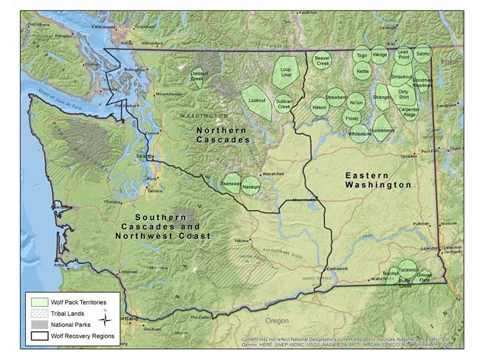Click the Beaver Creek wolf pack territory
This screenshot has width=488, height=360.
tap(322, 59)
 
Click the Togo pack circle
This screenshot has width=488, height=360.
tap(361, 55)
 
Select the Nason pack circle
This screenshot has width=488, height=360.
tap(319, 108)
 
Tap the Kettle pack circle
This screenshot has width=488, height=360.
tap(362, 72)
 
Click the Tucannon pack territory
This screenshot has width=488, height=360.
tap(408, 269)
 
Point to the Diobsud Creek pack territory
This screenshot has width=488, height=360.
tap(198, 77)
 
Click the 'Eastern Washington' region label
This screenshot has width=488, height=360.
tap(377, 180)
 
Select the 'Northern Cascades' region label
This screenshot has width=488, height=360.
tap(222, 134)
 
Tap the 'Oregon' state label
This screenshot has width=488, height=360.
tap(278, 321)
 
